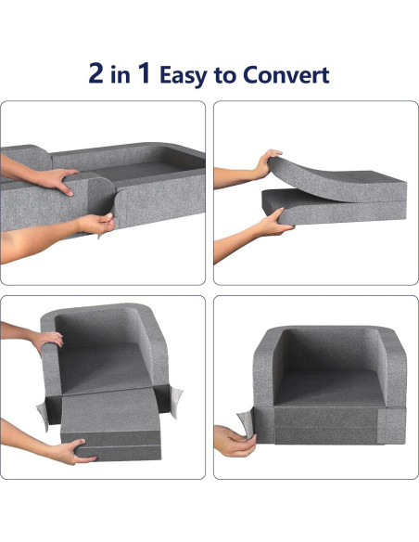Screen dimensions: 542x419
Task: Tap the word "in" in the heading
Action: (123, 75)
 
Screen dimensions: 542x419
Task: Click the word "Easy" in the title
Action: (184, 75)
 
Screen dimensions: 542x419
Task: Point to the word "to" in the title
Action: (226, 75)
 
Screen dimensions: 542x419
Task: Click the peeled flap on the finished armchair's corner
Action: (247, 416)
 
